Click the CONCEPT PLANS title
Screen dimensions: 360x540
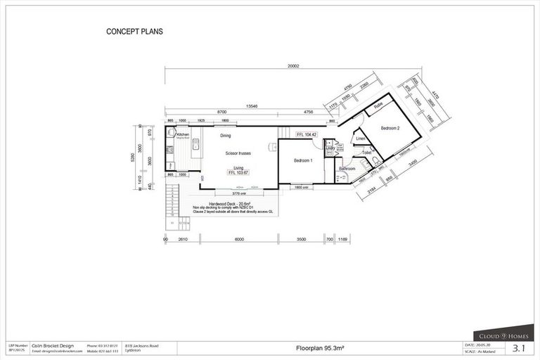[x=135, y=32]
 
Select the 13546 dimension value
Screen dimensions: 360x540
[x=252, y=107]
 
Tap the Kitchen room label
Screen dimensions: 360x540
[x=183, y=134]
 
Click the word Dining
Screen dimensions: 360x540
[x=226, y=135]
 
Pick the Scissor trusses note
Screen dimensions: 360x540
[x=238, y=153]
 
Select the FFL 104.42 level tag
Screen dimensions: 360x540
[x=307, y=134]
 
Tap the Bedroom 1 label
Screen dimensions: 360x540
[x=302, y=161]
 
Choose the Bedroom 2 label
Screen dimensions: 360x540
[x=390, y=129]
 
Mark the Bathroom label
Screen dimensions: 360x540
[x=347, y=169]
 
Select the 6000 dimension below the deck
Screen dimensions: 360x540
[x=239, y=240]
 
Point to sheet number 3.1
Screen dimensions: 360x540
[x=520, y=348]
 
